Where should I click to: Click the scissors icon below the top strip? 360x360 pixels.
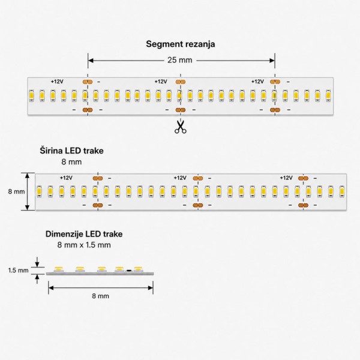(x=180, y=127)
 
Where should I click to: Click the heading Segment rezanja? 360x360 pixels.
(x=181, y=44)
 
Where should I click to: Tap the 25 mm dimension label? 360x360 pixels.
(x=180, y=60)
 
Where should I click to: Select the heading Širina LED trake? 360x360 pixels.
(x=71, y=151)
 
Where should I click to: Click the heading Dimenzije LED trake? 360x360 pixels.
(x=84, y=234)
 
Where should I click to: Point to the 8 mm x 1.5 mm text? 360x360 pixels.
(x=84, y=245)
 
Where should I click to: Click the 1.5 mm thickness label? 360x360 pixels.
(x=19, y=270)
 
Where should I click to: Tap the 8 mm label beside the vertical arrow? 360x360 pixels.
(x=16, y=191)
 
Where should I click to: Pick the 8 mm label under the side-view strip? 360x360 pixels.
(x=101, y=296)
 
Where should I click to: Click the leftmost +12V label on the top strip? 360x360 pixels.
(x=57, y=82)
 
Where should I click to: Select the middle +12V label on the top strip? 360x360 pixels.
(x=161, y=82)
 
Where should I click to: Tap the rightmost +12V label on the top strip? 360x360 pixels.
(x=257, y=82)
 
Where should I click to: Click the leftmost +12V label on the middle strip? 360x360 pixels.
(x=67, y=178)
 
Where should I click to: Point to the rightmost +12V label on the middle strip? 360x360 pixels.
(x=286, y=178)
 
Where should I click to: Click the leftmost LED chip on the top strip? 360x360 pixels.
(x=31, y=95)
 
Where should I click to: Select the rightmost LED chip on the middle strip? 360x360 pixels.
(x=342, y=191)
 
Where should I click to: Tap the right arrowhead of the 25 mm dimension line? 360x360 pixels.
(x=272, y=61)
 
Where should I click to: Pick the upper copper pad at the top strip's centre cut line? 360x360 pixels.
(x=181, y=82)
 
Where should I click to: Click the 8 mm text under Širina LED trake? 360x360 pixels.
(x=71, y=162)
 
